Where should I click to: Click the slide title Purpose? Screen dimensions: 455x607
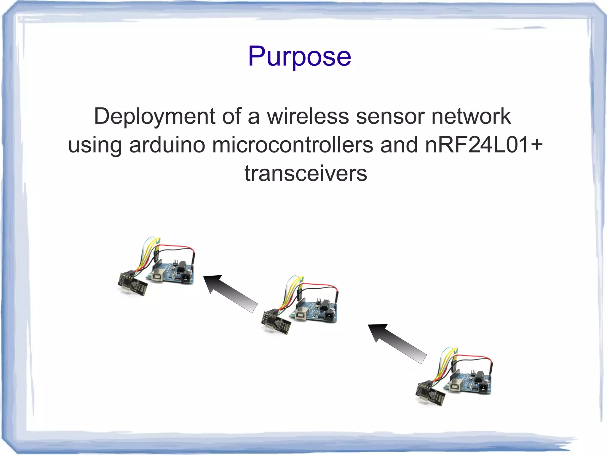[x=299, y=56]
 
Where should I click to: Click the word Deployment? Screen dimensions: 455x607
[x=154, y=117]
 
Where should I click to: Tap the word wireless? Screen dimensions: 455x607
[x=308, y=116]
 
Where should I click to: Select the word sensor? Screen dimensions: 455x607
[x=390, y=116]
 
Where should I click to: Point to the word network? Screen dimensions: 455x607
[x=471, y=116]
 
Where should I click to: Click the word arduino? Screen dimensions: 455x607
[x=167, y=145]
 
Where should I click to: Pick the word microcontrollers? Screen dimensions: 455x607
[x=293, y=145]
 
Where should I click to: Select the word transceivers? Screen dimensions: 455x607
[x=306, y=173]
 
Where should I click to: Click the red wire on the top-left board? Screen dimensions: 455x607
[x=178, y=246]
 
